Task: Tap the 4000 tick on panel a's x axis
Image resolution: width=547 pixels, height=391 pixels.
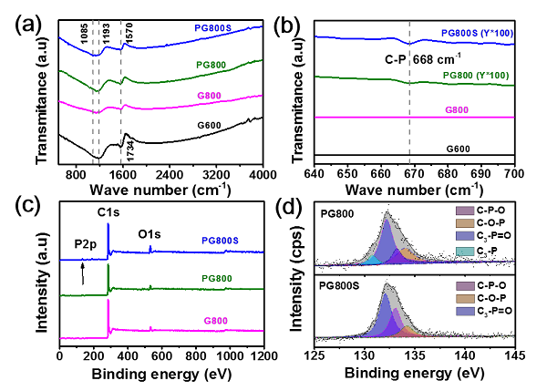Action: tap(263, 175)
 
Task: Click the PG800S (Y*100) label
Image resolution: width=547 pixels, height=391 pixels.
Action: tap(478, 34)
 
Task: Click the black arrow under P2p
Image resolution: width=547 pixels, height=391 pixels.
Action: tap(83, 273)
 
